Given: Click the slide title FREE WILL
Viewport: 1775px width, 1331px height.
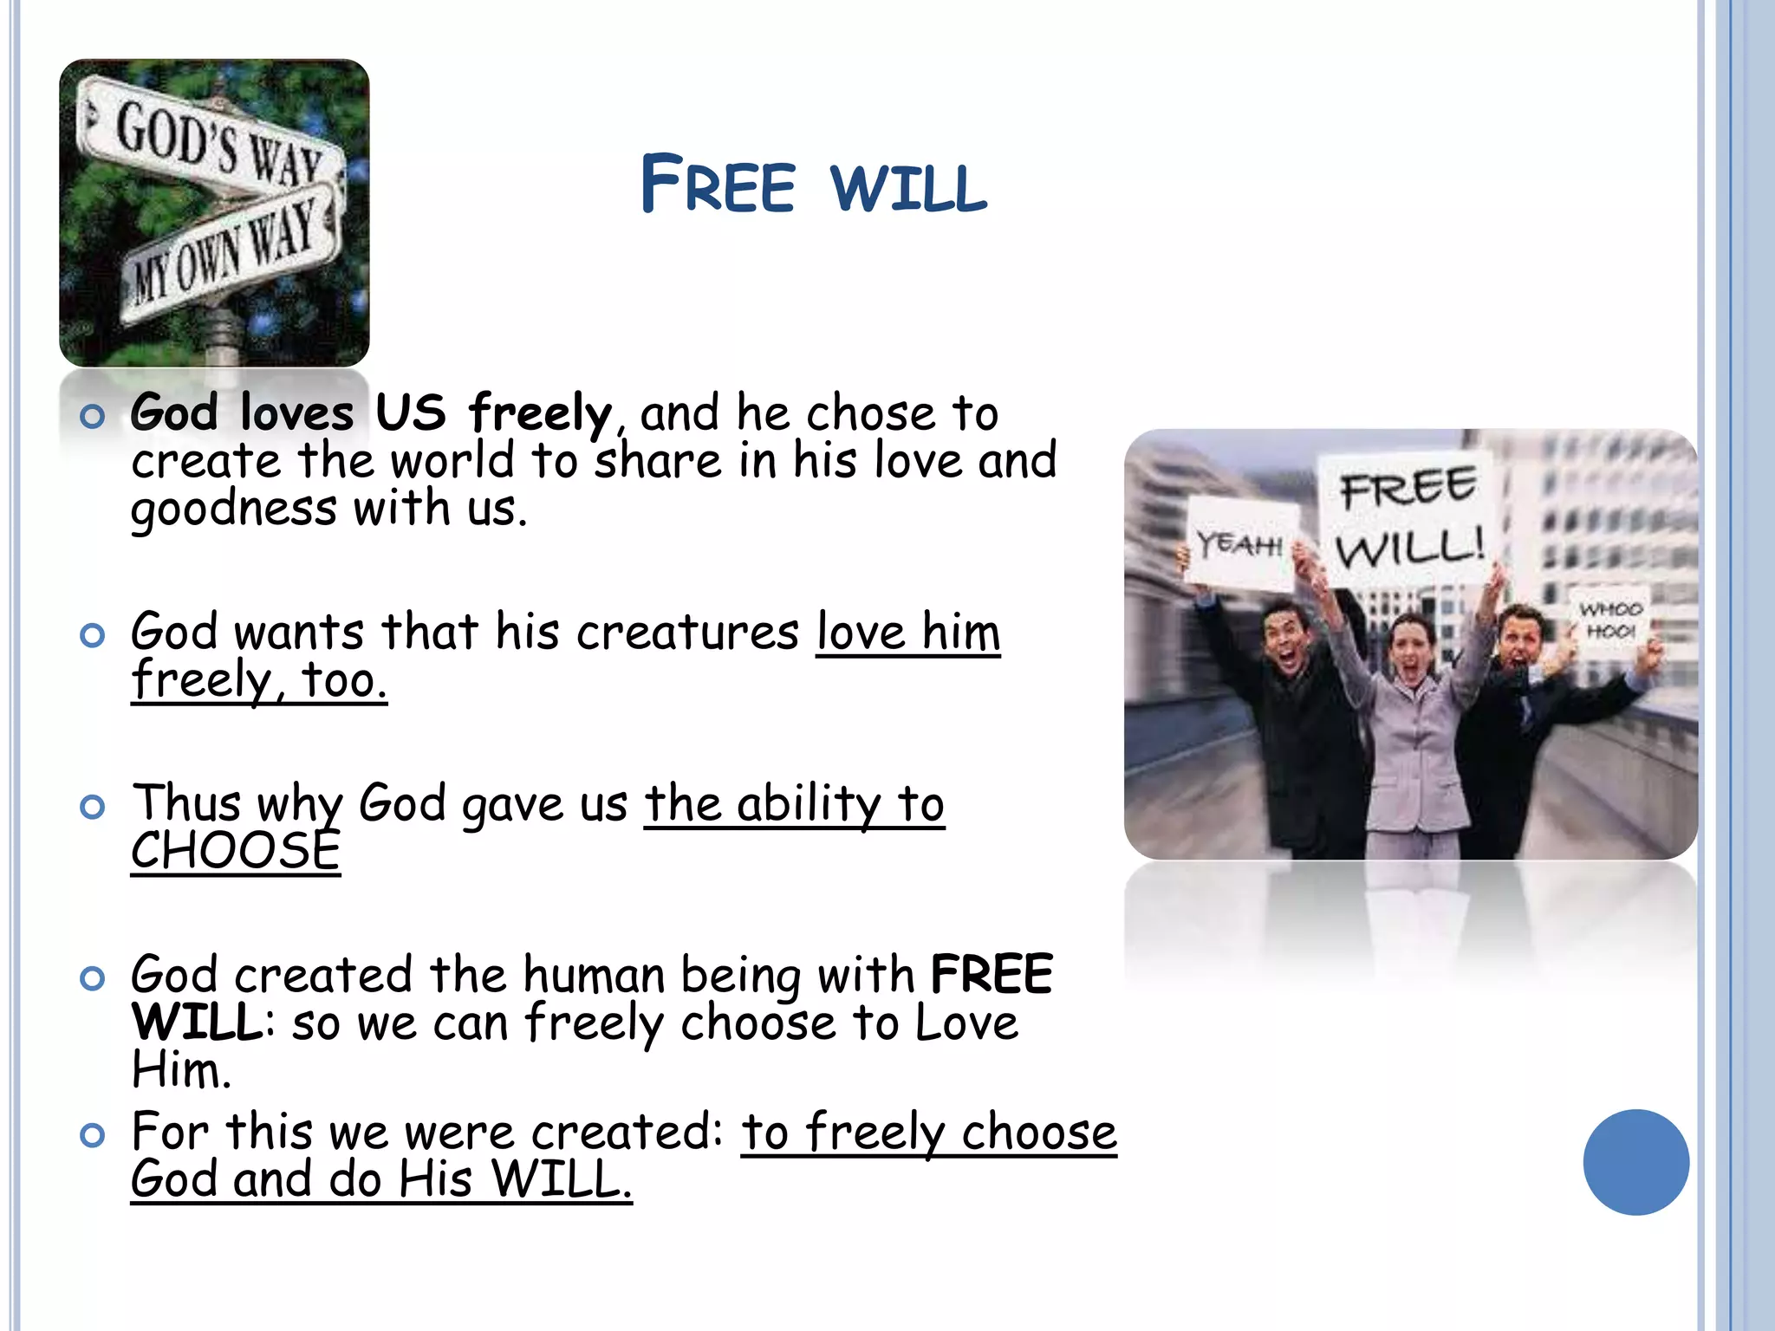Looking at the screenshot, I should pos(813,185).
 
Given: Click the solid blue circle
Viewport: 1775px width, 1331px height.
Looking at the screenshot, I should pos(1635,1161).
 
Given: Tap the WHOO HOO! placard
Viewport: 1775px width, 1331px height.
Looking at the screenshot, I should pos(1610,619).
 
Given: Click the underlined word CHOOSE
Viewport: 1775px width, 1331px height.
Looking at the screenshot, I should pos(235,851).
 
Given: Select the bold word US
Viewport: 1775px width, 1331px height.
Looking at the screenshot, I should pos(410,412).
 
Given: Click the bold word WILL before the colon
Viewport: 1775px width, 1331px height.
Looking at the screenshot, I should pos(197,1023).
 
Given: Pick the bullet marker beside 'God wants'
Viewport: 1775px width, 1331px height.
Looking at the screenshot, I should pos(92,634).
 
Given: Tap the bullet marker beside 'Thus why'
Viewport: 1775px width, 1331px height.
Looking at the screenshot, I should pos(92,807).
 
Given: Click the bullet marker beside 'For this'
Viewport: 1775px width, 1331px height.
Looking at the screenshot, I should pos(92,1134).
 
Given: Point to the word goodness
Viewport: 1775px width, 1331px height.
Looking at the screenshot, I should pos(233,509).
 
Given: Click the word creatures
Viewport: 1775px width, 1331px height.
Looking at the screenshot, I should pos(687,632).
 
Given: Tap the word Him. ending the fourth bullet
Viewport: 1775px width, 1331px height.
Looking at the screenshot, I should pos(181,1070).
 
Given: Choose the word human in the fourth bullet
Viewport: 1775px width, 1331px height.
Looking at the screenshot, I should pos(593,975).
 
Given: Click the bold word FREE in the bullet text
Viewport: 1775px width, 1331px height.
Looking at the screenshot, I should pos(991,975).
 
